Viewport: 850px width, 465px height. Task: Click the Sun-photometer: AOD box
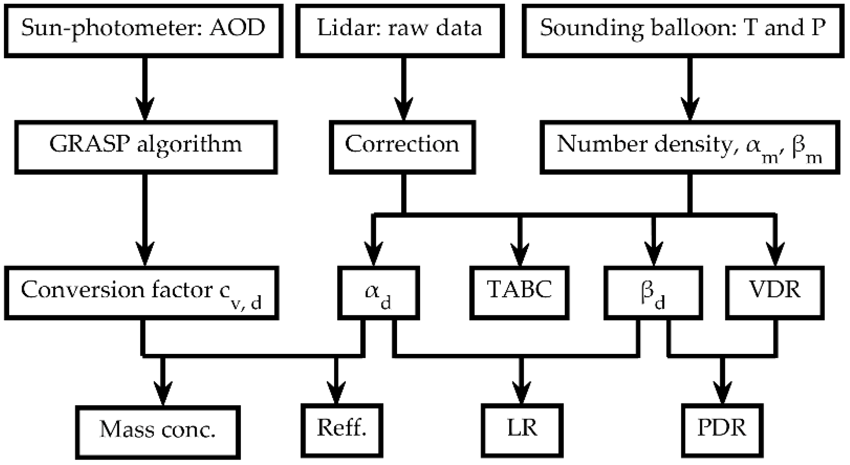(x=143, y=30)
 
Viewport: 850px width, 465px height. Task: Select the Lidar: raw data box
(x=400, y=30)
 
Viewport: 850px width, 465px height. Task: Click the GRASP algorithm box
(x=146, y=147)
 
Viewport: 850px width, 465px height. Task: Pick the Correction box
(x=402, y=147)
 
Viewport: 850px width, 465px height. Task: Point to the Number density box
(x=689, y=147)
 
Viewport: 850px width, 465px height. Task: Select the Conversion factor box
(x=141, y=293)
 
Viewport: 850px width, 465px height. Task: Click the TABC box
(x=519, y=293)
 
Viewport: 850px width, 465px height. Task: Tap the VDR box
(x=774, y=293)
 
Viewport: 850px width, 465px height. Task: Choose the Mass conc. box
(x=158, y=431)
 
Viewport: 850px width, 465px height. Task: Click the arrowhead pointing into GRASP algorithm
(x=145, y=110)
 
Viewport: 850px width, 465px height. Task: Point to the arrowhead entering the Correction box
(x=404, y=110)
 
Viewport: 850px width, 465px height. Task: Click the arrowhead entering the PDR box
(x=722, y=394)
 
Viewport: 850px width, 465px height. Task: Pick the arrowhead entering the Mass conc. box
(x=163, y=394)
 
